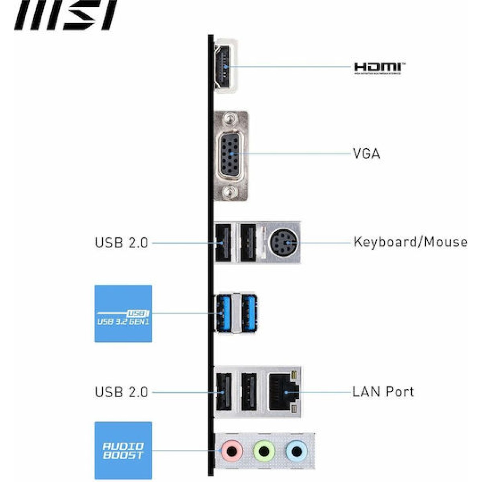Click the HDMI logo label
(x=379, y=68)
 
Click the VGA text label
(x=366, y=154)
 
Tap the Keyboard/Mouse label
(x=410, y=242)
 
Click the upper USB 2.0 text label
(x=121, y=243)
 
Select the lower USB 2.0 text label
(x=121, y=392)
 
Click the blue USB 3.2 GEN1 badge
(x=123, y=314)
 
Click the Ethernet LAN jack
(x=282, y=392)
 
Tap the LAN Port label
(x=383, y=392)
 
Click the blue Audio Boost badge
(x=123, y=450)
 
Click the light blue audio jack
(x=296, y=451)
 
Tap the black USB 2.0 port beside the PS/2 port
(x=249, y=243)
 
